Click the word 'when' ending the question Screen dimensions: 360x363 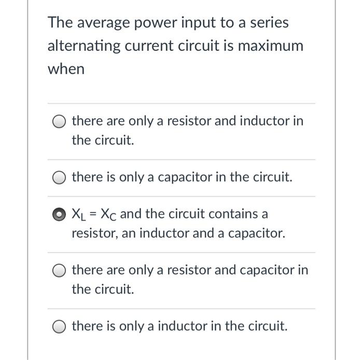click(66, 69)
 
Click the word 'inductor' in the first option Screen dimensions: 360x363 click(266, 121)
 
